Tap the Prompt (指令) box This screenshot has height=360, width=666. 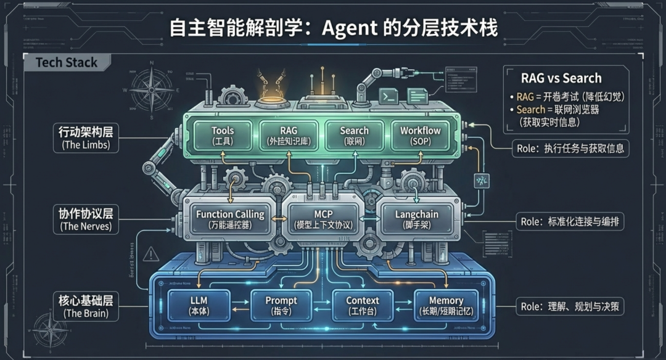(281, 305)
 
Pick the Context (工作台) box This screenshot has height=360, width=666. (363, 305)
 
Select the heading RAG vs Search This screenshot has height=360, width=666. (561, 78)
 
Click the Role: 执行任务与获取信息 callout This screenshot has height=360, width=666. (568, 148)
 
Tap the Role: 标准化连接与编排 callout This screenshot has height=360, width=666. (568, 222)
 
